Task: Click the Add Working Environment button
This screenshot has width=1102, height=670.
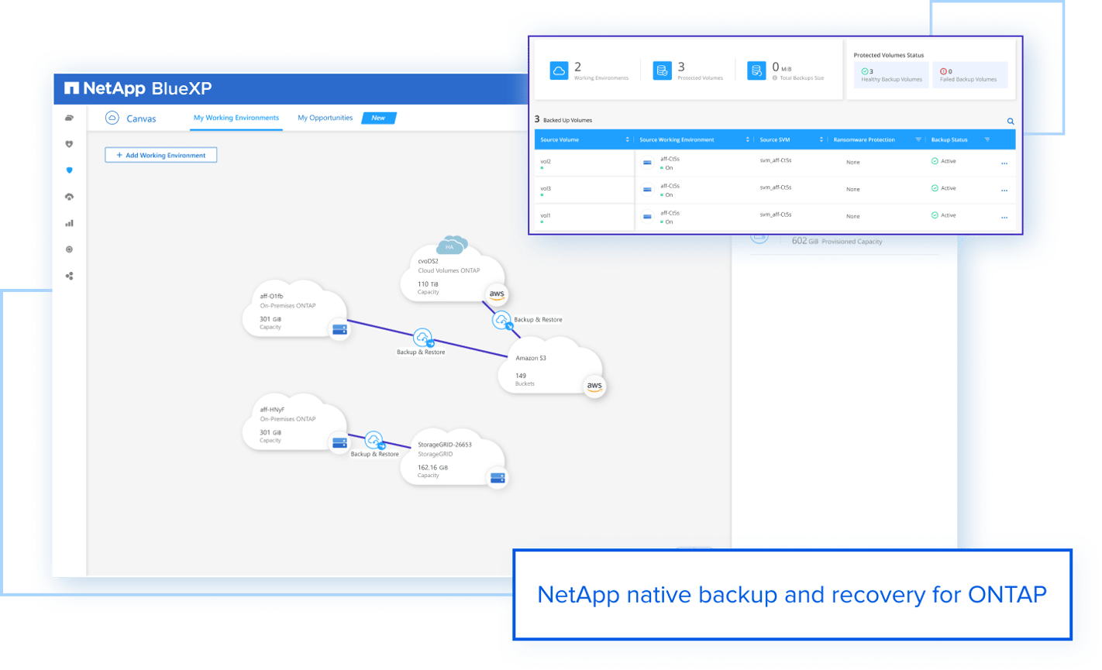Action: [160, 155]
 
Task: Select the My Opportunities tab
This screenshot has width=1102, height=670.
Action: [325, 118]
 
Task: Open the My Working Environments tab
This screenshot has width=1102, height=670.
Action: [236, 118]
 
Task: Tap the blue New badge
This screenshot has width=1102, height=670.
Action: [379, 118]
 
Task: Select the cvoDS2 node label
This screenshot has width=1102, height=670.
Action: [428, 261]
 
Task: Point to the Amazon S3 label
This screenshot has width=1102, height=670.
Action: [531, 358]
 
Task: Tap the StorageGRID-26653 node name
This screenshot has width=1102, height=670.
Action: [445, 445]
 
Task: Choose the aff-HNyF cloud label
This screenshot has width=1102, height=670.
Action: [272, 409]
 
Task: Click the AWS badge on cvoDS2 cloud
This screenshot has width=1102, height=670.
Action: [497, 294]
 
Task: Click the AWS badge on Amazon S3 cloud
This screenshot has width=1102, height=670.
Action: [594, 387]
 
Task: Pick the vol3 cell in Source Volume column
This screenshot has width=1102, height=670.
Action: [546, 188]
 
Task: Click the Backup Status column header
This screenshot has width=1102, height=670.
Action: [949, 139]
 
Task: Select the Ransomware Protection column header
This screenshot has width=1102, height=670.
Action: [863, 139]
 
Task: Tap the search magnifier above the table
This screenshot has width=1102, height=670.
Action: [1011, 122]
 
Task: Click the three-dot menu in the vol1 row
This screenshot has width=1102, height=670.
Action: [1004, 218]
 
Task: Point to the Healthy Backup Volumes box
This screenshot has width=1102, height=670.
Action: [891, 75]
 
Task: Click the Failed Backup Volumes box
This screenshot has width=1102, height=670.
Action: [969, 75]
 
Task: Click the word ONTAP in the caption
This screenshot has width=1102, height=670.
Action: [1007, 594]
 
